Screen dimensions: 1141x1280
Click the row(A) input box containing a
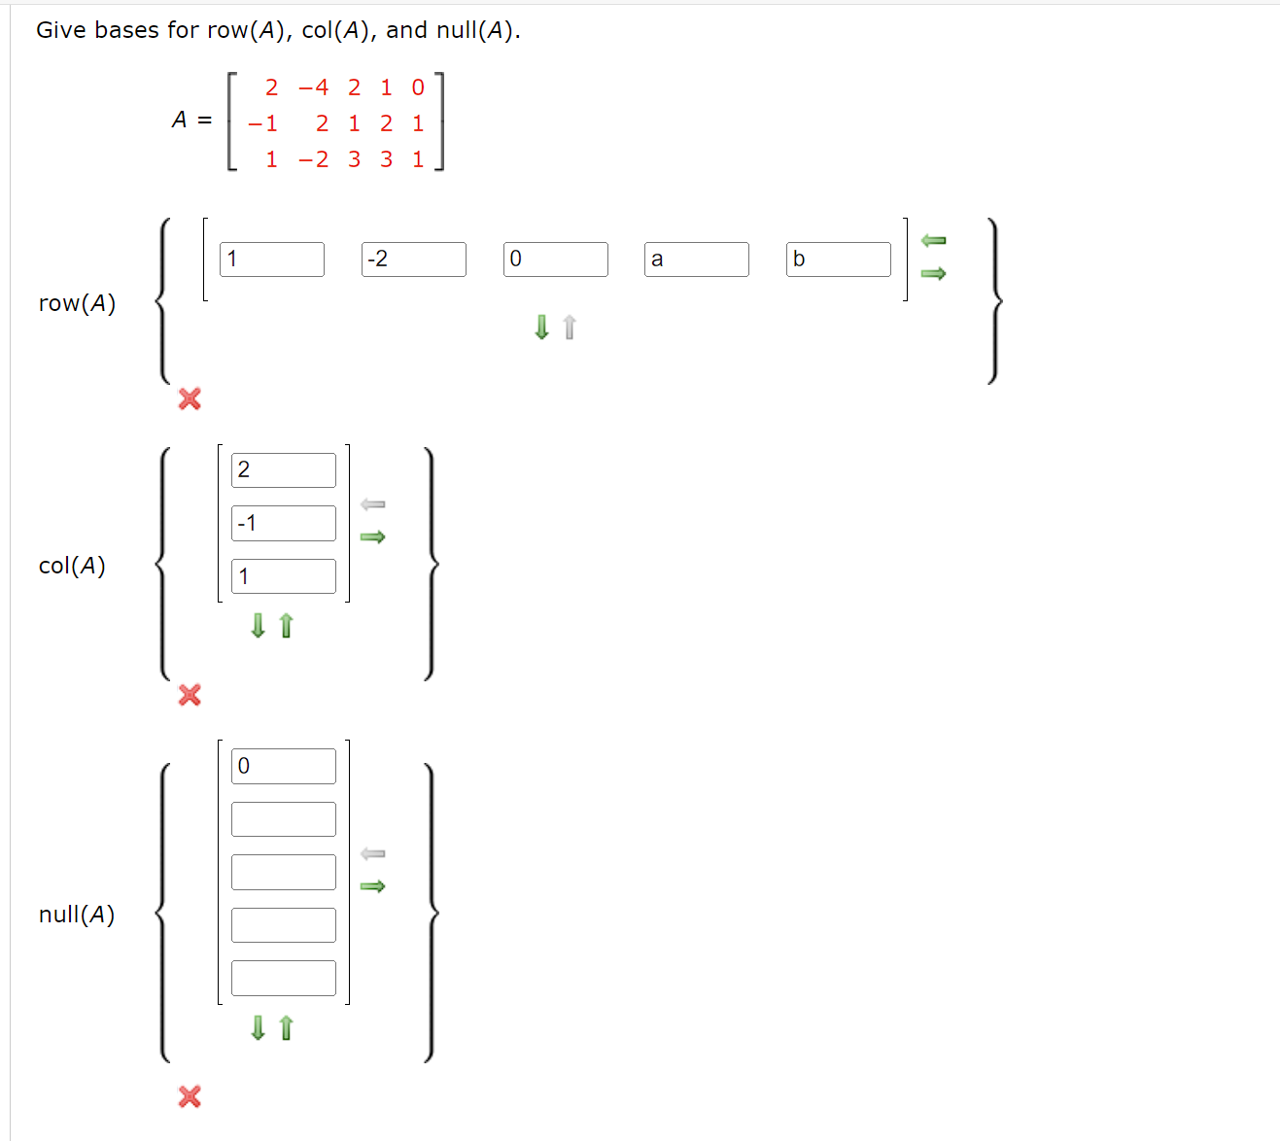(696, 259)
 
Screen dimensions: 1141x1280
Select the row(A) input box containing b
(838, 259)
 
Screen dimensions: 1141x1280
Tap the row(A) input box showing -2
(413, 259)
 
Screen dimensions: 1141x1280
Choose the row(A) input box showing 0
(555, 259)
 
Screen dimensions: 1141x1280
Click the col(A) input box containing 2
(283, 470)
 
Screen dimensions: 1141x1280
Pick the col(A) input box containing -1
(283, 523)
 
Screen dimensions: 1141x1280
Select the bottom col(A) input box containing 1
(283, 576)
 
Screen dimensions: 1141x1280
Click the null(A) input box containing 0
(283, 766)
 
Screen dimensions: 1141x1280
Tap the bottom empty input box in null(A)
(283, 978)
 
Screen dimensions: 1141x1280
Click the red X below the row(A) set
(190, 398)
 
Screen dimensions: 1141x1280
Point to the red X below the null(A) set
(190, 1096)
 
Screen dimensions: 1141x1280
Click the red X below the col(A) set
(190, 695)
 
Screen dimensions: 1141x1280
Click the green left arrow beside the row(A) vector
(933, 240)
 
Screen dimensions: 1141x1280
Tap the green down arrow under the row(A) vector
(542, 328)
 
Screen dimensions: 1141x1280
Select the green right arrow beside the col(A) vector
(372, 536)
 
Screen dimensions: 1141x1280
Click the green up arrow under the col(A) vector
(286, 626)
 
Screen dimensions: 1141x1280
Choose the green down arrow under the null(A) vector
(258, 1027)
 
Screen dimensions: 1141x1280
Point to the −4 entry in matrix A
(313, 87)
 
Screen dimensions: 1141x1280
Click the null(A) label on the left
(77, 915)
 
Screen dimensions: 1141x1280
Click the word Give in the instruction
(61, 30)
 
